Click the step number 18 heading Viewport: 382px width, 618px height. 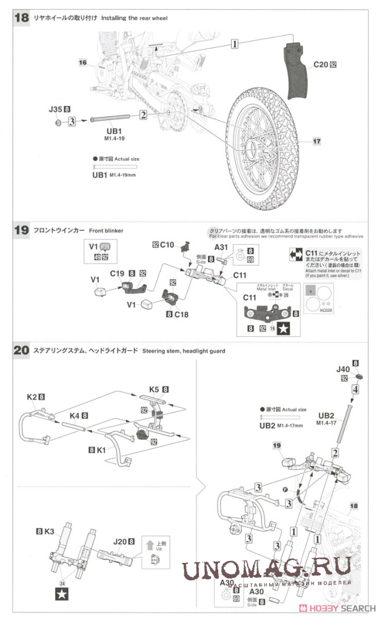point(21,18)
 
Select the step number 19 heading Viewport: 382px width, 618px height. point(21,230)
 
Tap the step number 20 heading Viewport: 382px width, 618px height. point(21,351)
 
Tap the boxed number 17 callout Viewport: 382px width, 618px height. point(317,141)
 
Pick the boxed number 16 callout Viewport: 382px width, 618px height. point(83,62)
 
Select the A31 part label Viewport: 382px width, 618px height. point(221,248)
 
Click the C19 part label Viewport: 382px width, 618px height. point(118,273)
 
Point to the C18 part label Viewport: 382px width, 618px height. point(182,314)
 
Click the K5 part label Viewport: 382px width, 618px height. point(155,388)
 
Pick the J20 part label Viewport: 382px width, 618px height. point(119,542)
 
